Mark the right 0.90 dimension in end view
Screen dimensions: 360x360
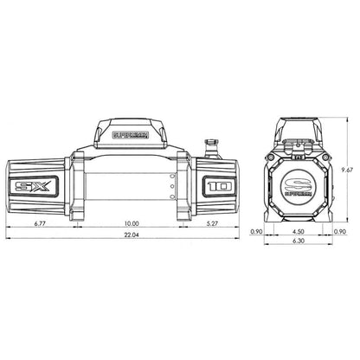[x=340, y=233]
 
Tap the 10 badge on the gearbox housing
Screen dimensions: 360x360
[x=216, y=185]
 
